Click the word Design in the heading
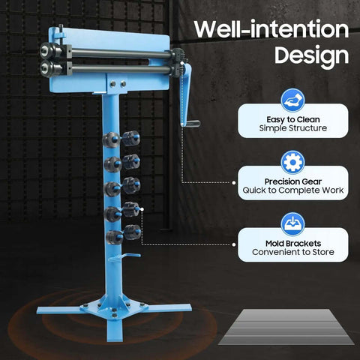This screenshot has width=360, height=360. click(311, 55)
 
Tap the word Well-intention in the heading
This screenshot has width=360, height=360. click(271, 29)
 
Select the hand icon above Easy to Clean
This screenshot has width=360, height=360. click(292, 100)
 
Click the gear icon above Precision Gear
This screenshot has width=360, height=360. click(292, 162)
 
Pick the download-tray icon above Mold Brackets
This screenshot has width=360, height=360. click(292, 224)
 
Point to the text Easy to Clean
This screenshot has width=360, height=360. click(293, 119)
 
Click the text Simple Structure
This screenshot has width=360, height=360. click(293, 128)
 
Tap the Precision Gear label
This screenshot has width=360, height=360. click(293, 181)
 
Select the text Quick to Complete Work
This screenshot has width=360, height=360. click(293, 190)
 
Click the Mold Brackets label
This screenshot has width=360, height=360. click(293, 244)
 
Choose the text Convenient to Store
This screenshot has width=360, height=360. click(293, 252)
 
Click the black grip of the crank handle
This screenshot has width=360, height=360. click(193, 124)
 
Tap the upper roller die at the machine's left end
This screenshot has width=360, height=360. click(50, 51)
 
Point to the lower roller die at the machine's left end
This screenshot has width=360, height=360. click(51, 67)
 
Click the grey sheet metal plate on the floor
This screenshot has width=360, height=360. click(286, 327)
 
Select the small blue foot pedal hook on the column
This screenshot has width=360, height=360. click(125, 258)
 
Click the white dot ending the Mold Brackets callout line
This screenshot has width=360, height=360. click(234, 244)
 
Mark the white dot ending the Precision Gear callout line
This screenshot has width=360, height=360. click(234, 183)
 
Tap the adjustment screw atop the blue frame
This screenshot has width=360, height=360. click(61, 31)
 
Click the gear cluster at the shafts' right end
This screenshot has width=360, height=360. click(178, 62)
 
